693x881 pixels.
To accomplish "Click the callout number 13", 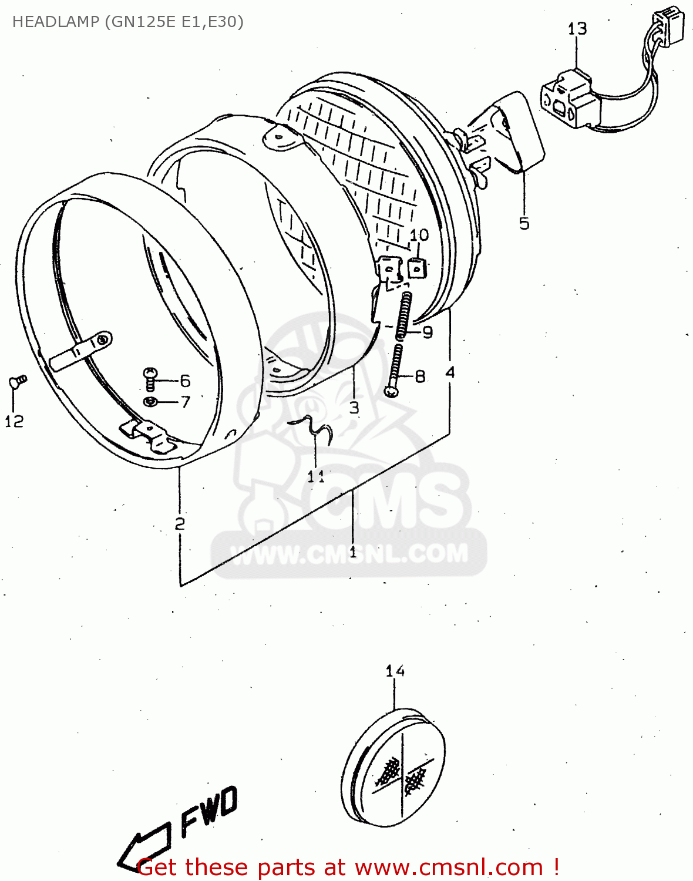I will click(x=577, y=29).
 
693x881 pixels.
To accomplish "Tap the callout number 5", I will click(x=524, y=223).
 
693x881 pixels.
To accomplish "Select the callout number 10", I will click(x=419, y=235).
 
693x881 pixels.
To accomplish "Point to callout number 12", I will click(x=14, y=421).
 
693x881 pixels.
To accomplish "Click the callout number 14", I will click(x=395, y=671).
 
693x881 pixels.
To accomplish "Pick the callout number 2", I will click(x=180, y=523).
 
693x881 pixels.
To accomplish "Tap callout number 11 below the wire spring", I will click(x=316, y=476).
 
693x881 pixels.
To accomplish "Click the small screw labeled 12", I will click(x=18, y=382).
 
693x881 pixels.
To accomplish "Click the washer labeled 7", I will click(x=150, y=402).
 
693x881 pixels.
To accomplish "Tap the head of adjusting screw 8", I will click(x=390, y=391).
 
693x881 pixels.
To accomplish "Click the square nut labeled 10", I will click(x=416, y=268).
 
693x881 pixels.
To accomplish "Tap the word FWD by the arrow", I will click(x=208, y=811).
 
